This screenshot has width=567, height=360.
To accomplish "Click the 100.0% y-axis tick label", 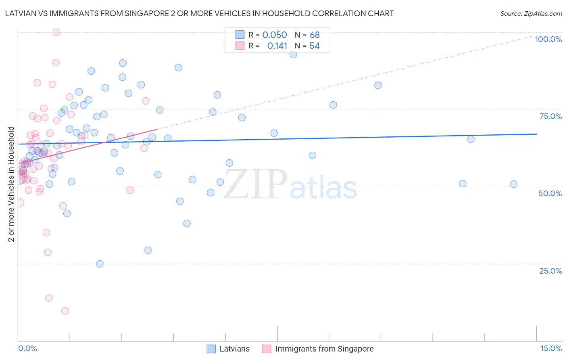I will (x=548, y=39).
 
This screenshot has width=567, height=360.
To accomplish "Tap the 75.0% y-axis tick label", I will (x=550, y=116).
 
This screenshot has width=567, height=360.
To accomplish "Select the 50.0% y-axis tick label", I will (x=550, y=193).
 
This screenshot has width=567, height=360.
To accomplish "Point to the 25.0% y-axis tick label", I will (x=550, y=271).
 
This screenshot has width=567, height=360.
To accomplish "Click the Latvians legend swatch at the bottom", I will (x=211, y=349).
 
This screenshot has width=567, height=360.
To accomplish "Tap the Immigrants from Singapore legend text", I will (x=324, y=349).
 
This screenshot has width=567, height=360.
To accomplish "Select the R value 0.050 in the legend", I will (x=275, y=35).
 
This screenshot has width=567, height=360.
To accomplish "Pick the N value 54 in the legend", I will (x=315, y=46).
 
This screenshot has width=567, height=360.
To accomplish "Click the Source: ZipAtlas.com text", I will (x=531, y=14).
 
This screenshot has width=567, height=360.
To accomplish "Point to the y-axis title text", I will (x=11, y=184).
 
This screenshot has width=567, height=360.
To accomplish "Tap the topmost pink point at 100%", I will (x=56, y=32).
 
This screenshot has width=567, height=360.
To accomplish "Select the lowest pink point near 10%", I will (x=65, y=311).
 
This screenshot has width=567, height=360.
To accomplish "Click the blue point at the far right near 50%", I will (x=513, y=184).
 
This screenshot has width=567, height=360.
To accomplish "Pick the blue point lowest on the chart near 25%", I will (x=100, y=264).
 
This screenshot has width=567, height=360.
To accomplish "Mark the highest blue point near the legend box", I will (x=293, y=54).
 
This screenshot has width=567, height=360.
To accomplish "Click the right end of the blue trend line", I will (x=536, y=134).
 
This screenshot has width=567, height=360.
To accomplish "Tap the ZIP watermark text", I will (x=256, y=184).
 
